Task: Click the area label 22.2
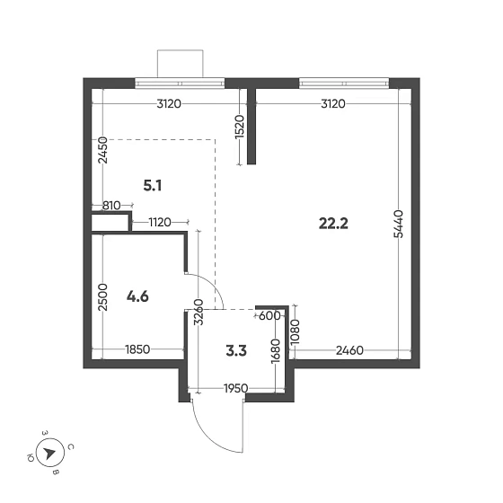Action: [x=333, y=223]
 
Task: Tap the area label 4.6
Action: [x=137, y=295]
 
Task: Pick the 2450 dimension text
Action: [x=103, y=149]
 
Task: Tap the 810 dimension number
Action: [x=111, y=206]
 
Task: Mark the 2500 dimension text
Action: [x=103, y=296]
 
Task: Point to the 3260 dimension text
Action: [x=198, y=316]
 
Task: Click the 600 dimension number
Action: [x=269, y=315]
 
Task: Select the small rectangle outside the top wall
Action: [x=181, y=63]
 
